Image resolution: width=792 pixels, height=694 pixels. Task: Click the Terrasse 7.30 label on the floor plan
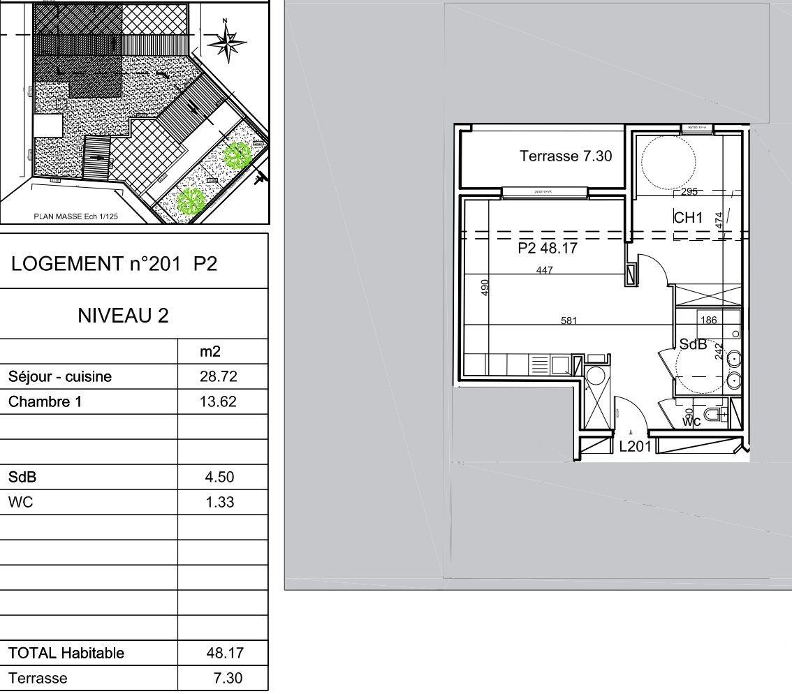click(565, 156)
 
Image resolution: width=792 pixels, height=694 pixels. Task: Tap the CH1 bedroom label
click(688, 219)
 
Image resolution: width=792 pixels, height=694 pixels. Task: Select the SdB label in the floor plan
click(693, 344)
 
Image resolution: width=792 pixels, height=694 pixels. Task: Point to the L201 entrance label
click(635, 447)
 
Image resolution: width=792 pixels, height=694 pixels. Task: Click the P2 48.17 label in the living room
click(548, 248)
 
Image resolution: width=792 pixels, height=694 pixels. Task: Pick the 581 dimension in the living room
click(569, 321)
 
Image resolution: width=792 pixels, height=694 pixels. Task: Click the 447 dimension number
click(545, 270)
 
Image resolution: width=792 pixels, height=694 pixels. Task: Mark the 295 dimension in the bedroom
click(689, 192)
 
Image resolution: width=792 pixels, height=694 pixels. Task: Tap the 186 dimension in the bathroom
click(708, 320)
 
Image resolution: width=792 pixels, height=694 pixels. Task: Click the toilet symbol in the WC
click(714, 416)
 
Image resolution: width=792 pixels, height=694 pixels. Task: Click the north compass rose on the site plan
click(227, 43)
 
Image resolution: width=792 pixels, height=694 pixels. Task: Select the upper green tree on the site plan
click(237, 155)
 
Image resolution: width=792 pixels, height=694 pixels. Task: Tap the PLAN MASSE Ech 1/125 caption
click(76, 216)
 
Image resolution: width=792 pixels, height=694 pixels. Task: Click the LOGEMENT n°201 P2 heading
click(115, 264)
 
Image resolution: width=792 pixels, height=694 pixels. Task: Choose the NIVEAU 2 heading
click(123, 316)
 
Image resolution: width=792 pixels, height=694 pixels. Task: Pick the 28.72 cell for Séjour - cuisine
click(219, 377)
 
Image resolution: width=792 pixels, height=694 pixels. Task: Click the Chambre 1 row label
click(45, 402)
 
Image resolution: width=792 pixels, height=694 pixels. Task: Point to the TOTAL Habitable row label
click(66, 654)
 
